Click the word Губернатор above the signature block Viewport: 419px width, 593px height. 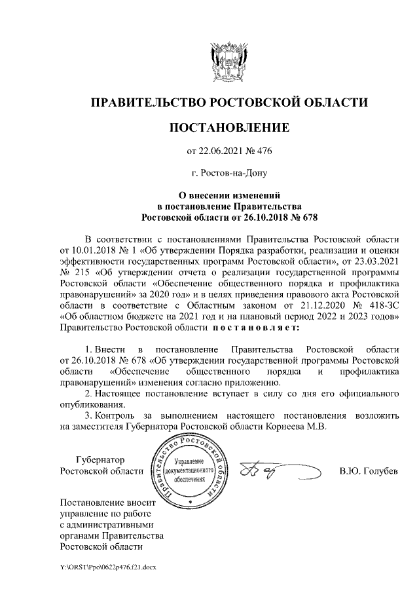[100, 460]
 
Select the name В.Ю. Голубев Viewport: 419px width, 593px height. [369, 472]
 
